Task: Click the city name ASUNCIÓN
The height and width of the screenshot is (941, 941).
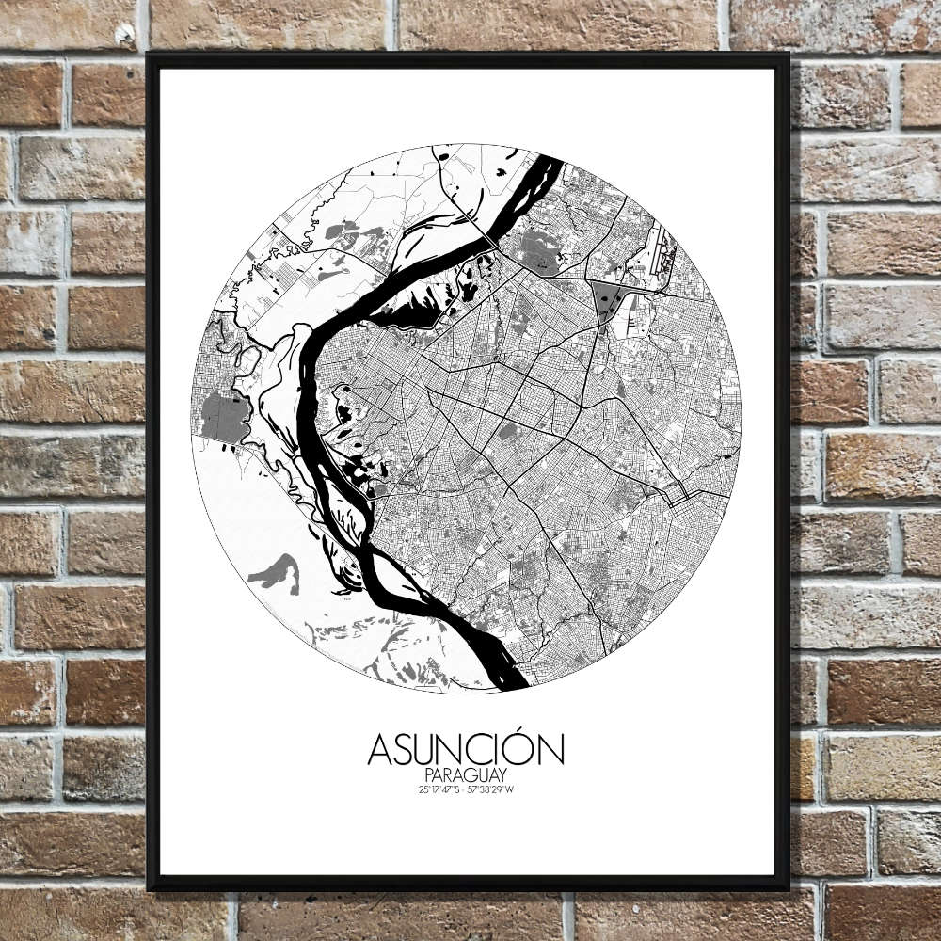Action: [466, 750]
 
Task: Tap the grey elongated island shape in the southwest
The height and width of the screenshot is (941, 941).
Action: [278, 569]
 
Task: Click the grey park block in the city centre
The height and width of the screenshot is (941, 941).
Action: [507, 432]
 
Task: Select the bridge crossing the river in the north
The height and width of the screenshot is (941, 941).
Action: [490, 234]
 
